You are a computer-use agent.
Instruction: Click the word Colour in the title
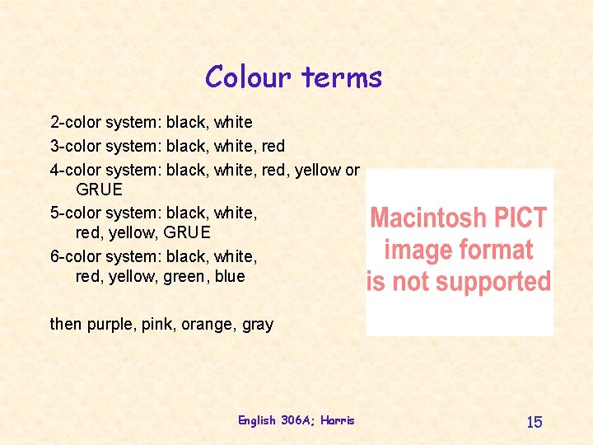(249, 77)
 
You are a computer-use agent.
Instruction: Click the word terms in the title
(341, 77)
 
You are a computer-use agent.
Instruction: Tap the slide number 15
(535, 422)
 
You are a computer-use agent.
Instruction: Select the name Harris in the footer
(338, 420)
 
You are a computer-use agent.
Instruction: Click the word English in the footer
(257, 420)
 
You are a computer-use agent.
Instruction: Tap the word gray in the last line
(258, 325)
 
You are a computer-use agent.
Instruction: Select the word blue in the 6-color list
(230, 277)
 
